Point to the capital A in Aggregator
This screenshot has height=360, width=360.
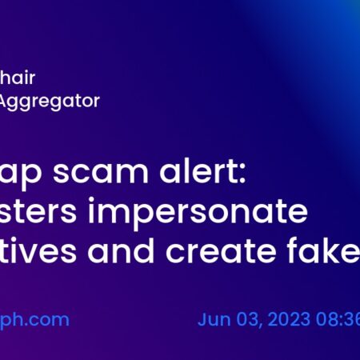6,101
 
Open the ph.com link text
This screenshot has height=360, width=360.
34,320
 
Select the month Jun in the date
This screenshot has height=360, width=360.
212,320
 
